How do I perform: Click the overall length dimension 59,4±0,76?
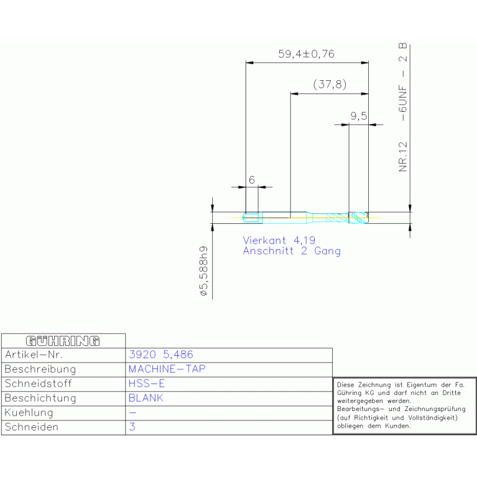pyautogui.click(x=306, y=54)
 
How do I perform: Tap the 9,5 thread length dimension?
pyautogui.click(x=359, y=116)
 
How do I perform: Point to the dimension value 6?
pyautogui.click(x=252, y=180)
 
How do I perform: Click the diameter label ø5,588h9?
pyautogui.click(x=203, y=271)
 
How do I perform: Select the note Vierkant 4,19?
pyautogui.click(x=279, y=240)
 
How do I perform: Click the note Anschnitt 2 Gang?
pyautogui.click(x=291, y=251)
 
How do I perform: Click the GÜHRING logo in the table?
pyautogui.click(x=63, y=341)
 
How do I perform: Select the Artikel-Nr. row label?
pyautogui.click(x=34, y=354)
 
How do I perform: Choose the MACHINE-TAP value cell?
pyautogui.click(x=166, y=369)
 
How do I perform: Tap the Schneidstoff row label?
pyautogui.click(x=38, y=384)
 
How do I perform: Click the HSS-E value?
pyautogui.click(x=146, y=384)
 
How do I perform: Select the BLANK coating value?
pyautogui.click(x=146, y=398)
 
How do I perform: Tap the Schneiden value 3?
pyautogui.click(x=132, y=427)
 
